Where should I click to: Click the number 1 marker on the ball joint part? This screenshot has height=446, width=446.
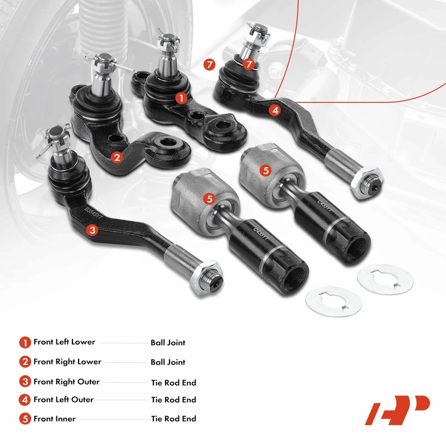[181, 98]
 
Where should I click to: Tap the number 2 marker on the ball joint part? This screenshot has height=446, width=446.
[117, 157]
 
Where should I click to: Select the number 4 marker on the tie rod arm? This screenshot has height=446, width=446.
[275, 110]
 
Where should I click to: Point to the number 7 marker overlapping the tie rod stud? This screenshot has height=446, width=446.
[249, 64]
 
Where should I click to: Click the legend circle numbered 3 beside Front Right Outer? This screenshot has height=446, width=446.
[25, 382]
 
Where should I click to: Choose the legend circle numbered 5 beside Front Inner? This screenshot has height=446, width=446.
[25, 419]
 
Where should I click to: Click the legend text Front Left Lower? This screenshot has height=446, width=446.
[64, 342]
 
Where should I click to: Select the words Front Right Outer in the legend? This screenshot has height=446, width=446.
[66, 382]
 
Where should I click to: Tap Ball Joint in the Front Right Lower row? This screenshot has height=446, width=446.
[168, 362]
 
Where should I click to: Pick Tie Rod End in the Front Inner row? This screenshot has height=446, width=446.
[173, 419]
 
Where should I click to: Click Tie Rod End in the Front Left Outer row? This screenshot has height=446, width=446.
[173, 400]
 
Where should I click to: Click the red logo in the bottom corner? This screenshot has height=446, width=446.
[397, 410]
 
